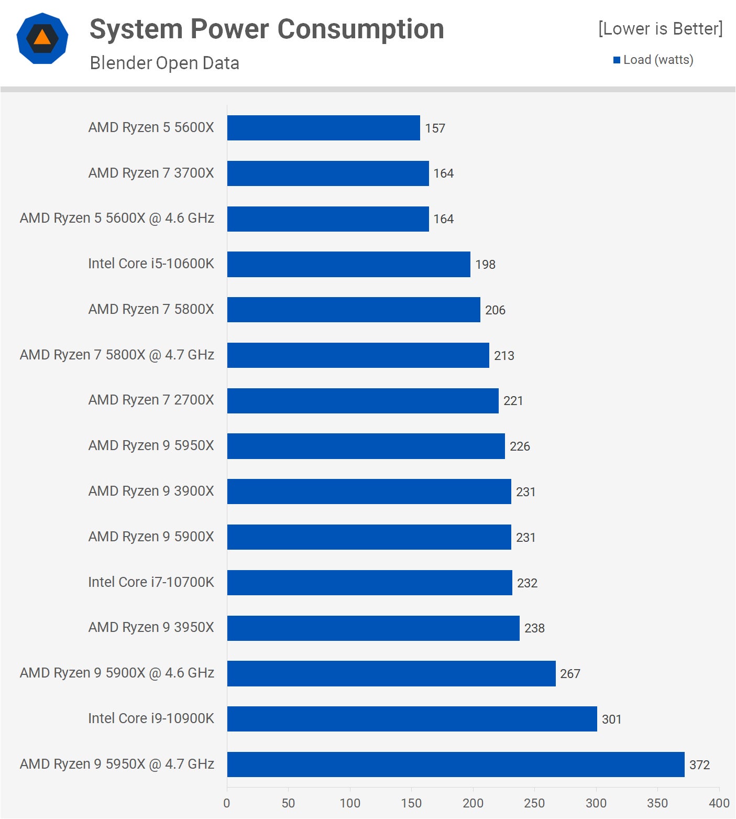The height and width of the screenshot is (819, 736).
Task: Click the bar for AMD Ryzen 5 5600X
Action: tap(323, 128)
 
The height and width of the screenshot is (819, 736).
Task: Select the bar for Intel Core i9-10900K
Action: tap(412, 719)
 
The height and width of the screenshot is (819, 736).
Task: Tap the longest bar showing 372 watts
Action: tap(456, 765)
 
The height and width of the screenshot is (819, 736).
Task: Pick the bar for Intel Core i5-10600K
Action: tap(348, 264)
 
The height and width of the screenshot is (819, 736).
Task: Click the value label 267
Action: tap(570, 674)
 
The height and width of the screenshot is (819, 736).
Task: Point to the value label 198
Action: tap(485, 265)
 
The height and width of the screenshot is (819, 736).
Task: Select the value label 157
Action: tap(435, 128)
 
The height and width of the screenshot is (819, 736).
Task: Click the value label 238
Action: tap(534, 628)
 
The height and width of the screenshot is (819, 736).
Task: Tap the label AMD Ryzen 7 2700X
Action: tap(151, 400)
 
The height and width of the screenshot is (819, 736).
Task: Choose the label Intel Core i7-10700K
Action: tap(151, 582)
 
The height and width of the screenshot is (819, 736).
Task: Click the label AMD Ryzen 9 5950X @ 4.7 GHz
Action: tap(117, 764)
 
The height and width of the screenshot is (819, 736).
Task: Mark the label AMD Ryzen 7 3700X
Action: tap(151, 173)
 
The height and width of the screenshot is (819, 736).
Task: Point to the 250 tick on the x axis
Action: tap(534, 803)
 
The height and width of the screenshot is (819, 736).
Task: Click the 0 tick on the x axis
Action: tap(227, 803)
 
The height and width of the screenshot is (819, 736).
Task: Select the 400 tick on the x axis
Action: tap(719, 803)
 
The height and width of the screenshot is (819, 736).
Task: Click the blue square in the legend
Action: tap(617, 60)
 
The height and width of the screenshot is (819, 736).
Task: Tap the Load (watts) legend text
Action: tap(658, 60)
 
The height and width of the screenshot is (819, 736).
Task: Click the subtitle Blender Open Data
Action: tap(164, 63)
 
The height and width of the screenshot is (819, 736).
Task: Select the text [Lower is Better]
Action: tap(660, 29)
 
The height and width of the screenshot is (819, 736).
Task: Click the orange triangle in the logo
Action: tap(42, 38)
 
